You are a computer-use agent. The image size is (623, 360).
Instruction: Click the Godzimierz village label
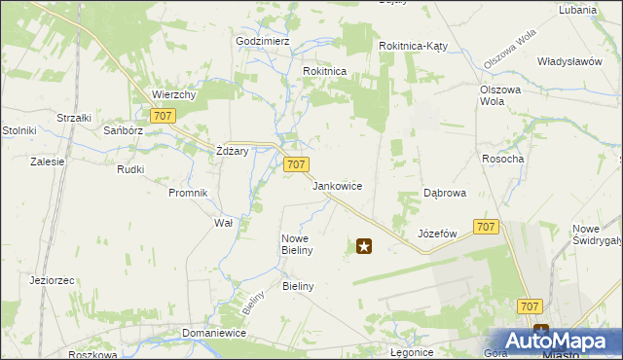click(x=263, y=42)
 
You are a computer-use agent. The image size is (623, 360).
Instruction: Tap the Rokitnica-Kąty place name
click(x=413, y=46)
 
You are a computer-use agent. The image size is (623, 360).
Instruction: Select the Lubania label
click(x=577, y=10)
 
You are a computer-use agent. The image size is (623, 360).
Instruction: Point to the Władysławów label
click(x=569, y=61)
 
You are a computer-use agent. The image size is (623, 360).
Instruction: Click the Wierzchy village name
click(x=174, y=94)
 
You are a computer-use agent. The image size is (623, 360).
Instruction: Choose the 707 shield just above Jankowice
click(x=297, y=165)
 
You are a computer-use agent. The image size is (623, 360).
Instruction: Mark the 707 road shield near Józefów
click(x=487, y=227)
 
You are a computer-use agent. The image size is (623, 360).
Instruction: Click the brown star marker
click(x=364, y=247)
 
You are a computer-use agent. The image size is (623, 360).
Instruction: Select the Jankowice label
click(x=337, y=186)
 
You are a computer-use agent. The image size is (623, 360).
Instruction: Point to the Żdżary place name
click(x=233, y=151)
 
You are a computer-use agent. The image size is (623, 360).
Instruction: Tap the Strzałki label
click(x=74, y=118)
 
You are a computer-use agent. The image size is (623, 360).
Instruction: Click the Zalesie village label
click(x=47, y=162)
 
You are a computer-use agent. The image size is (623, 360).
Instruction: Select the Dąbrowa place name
click(x=444, y=193)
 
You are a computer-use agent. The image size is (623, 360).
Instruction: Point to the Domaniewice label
click(x=213, y=333)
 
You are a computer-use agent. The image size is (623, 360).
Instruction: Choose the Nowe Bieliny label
click(x=296, y=244)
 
